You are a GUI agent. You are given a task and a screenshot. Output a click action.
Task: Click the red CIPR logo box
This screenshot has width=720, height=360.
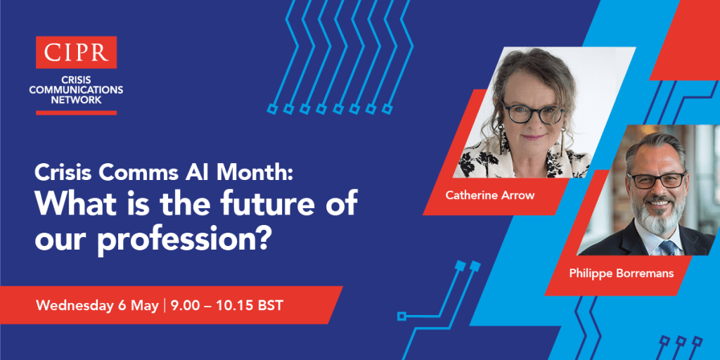click(x=76, y=52)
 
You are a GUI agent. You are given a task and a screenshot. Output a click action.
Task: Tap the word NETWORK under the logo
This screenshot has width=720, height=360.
click(x=76, y=99)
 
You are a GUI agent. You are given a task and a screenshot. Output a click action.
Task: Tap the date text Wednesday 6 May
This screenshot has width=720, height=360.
click(x=97, y=306)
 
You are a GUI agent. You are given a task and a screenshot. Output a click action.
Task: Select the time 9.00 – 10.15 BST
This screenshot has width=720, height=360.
click(x=226, y=306)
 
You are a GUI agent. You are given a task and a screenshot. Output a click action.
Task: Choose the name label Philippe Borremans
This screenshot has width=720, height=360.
click(x=622, y=274)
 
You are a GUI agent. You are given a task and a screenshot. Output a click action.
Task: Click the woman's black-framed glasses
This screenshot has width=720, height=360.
click(x=533, y=112)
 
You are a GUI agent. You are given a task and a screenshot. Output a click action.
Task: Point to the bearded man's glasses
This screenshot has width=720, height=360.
click(x=657, y=179)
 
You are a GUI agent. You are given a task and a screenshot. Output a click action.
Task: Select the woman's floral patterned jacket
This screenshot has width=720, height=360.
click(x=522, y=158)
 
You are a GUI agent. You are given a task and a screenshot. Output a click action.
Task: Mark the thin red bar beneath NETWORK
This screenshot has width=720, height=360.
click(x=76, y=112)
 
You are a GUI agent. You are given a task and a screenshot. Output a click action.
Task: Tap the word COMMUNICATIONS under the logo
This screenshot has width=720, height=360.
click(x=76, y=89)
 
